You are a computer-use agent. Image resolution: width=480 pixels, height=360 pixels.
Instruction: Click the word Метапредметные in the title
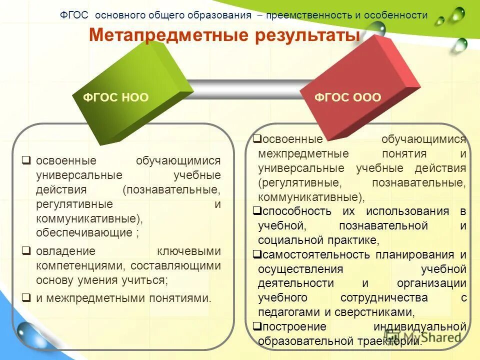[159, 36]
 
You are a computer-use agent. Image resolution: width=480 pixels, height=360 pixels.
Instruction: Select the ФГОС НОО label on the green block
[115, 97]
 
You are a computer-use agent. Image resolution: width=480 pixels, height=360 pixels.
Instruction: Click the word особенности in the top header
[396, 15]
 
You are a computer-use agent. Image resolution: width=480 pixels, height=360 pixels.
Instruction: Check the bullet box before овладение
[26, 250]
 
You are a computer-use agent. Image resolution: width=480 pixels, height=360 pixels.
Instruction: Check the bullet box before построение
[256, 326]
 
